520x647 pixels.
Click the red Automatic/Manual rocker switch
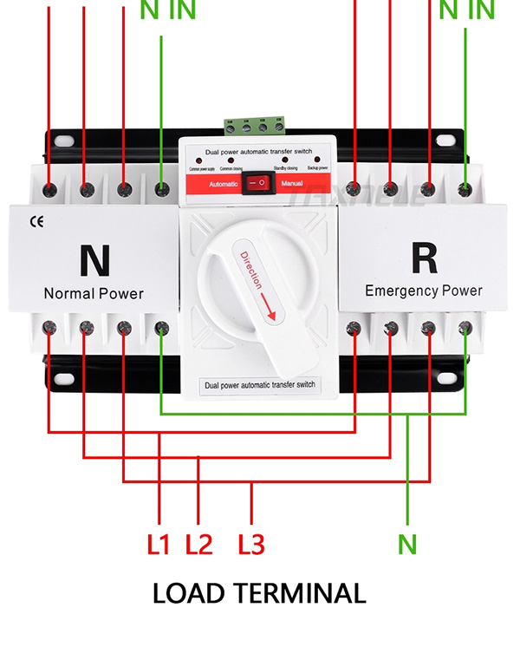(257, 184)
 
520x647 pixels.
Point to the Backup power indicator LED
(317, 161)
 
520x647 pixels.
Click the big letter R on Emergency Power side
(423, 258)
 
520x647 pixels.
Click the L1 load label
(159, 545)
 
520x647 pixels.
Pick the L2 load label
(199, 545)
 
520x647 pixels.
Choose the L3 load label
(250, 545)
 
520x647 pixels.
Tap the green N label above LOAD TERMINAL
(407, 545)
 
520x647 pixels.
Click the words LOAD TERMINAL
(259, 594)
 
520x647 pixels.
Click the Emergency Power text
(424, 291)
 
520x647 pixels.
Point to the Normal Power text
(94, 293)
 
